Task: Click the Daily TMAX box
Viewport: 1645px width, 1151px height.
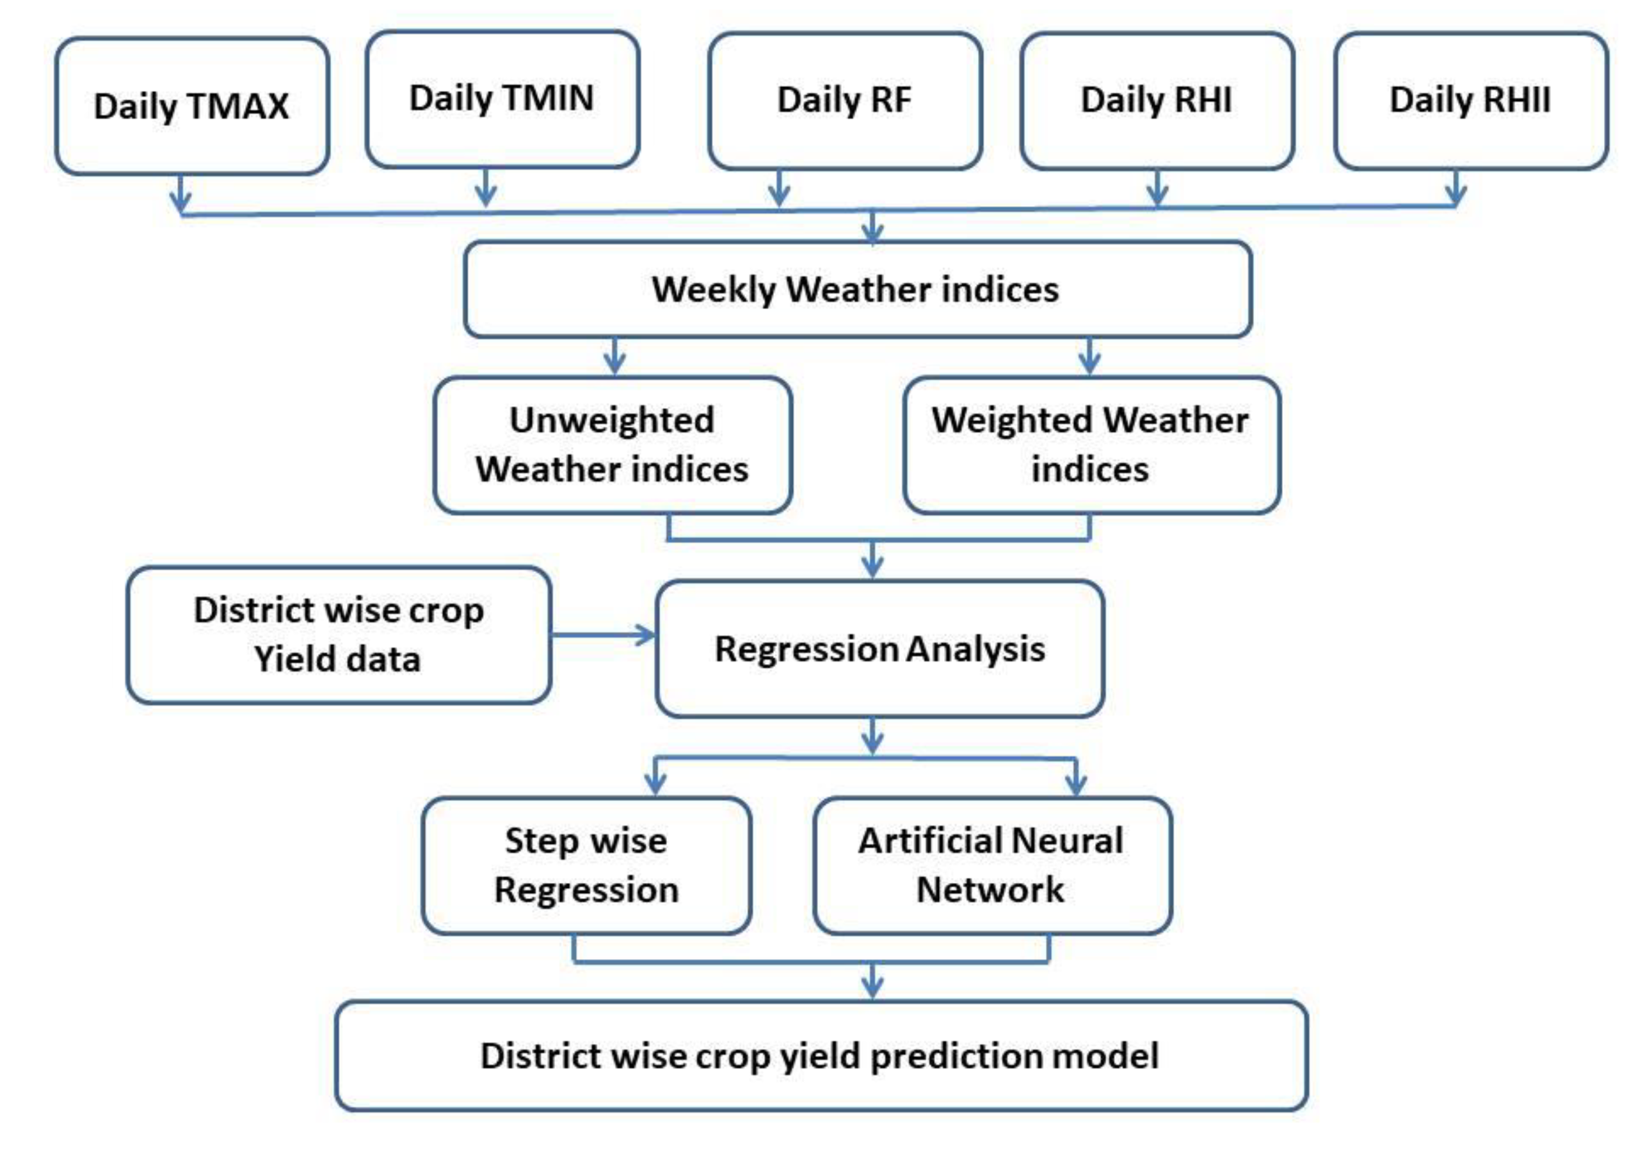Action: [192, 106]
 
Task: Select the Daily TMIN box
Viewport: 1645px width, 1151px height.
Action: [502, 99]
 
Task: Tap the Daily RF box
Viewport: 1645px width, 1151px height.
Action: [845, 100]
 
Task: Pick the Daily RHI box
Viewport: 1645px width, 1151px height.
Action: [1157, 100]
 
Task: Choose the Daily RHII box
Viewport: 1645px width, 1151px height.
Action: [1470, 100]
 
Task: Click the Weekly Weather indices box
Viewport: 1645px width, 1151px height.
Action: [857, 289]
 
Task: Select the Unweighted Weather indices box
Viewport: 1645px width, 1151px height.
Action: [613, 445]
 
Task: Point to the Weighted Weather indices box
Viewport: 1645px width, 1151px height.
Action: [1091, 445]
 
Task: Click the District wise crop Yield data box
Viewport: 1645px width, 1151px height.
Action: [338, 635]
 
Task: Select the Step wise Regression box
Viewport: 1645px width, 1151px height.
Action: [586, 865]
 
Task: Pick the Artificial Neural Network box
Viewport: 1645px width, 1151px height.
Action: [991, 865]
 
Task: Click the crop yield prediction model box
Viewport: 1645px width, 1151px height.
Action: [821, 1056]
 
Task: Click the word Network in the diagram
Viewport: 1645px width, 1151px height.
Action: [990, 889]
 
